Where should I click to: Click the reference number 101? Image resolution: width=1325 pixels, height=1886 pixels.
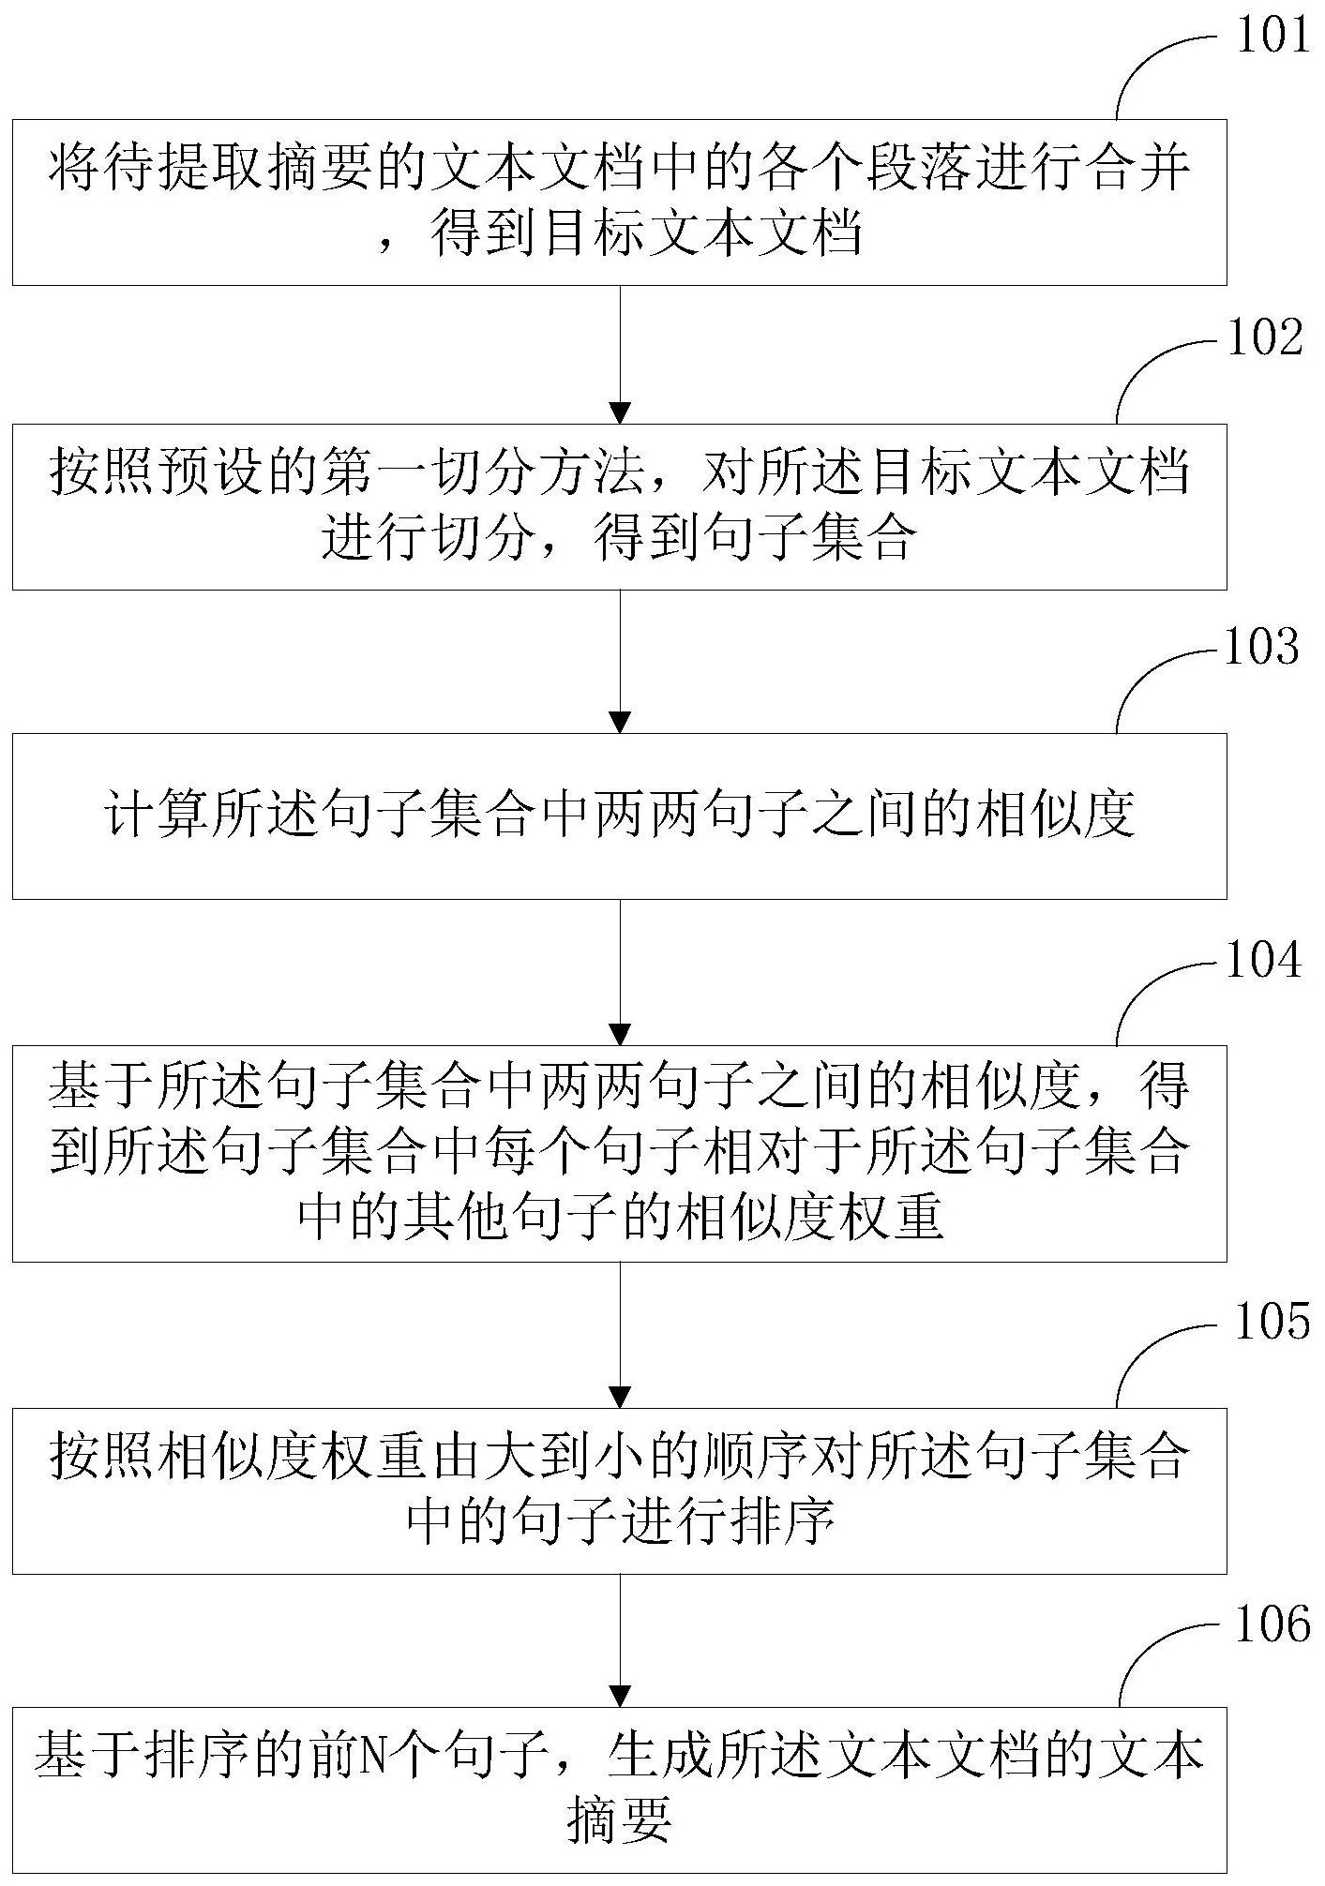1270,37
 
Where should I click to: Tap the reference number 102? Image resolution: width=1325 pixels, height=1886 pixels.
1265,338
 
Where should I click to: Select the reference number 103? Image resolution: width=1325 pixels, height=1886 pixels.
1262,648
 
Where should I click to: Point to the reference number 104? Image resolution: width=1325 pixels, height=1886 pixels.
1264,961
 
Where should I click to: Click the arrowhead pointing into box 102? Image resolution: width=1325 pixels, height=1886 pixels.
620,412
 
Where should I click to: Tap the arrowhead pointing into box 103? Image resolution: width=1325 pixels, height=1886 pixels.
620,722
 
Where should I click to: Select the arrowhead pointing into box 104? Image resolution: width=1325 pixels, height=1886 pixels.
620,1034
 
